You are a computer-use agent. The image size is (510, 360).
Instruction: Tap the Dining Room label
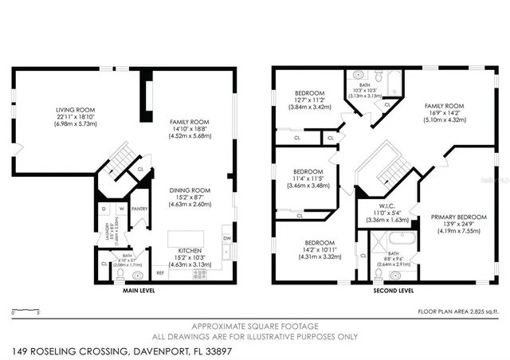point(190,190)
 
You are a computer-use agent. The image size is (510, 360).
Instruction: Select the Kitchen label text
point(190,252)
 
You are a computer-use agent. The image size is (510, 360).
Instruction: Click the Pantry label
point(139,210)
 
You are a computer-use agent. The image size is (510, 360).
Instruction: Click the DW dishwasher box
point(228,238)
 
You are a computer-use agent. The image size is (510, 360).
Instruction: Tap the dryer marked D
point(104,210)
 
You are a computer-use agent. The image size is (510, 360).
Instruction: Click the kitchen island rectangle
point(185,239)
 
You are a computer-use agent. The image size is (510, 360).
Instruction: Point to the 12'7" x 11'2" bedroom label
point(309,93)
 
